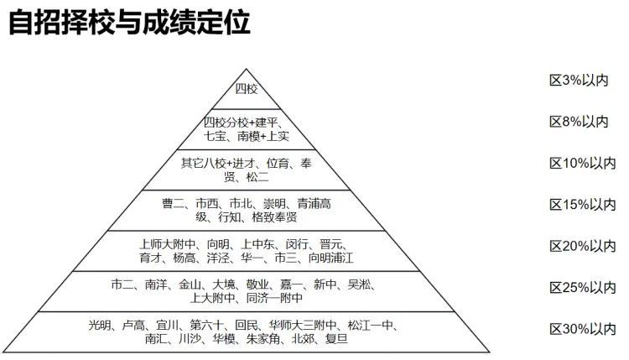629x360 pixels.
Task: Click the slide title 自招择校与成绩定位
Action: point(130,22)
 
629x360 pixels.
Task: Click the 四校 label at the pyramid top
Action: point(246,88)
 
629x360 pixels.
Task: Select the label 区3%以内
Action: point(578,81)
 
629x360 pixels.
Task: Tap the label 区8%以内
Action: point(578,122)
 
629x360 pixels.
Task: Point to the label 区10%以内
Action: point(582,163)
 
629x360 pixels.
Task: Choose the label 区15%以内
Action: point(582,204)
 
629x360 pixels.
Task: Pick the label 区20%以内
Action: point(582,246)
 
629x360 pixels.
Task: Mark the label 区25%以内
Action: point(582,287)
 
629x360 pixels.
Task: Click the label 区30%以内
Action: point(582,328)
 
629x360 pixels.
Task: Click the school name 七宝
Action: point(216,135)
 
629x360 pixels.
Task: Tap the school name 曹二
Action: point(174,203)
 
